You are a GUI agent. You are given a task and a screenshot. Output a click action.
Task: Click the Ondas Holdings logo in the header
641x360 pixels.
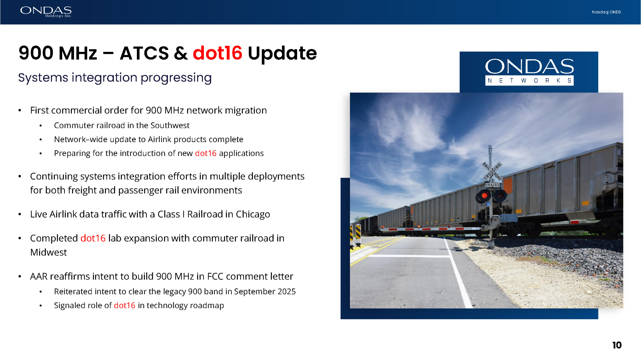(46, 12)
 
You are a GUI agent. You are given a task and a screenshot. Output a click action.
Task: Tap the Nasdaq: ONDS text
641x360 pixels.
(606, 12)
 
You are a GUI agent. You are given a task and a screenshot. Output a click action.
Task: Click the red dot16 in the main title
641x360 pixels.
(218, 53)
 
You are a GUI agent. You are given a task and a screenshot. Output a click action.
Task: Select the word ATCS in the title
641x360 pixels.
(144, 53)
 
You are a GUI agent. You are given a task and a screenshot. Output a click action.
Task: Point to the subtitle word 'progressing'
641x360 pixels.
(176, 78)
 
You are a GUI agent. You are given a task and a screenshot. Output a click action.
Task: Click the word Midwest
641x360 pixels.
(48, 252)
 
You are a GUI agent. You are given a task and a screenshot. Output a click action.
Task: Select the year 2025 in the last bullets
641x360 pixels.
(287, 291)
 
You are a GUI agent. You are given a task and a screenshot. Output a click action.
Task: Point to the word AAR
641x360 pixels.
(39, 276)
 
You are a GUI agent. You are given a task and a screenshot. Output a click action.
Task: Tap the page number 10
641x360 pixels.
(617, 345)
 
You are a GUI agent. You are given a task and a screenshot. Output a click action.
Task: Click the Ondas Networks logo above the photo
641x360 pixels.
(529, 72)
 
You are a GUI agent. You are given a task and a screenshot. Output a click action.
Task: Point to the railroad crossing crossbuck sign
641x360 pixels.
(492, 171)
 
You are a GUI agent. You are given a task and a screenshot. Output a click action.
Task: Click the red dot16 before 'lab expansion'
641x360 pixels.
(93, 238)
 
